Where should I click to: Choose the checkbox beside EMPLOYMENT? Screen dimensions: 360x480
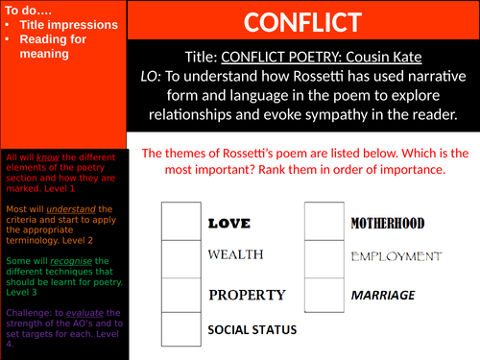(324, 256)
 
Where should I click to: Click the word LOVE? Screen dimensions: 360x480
(228, 223)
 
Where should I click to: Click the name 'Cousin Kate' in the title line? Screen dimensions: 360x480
(404, 57)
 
